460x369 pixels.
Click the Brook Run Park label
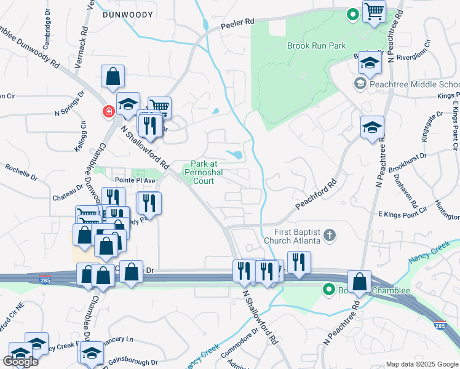316,46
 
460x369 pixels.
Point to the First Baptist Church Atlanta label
293,236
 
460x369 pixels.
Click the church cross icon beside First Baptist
330,234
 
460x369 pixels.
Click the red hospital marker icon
108,111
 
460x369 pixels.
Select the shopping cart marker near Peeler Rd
374,11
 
